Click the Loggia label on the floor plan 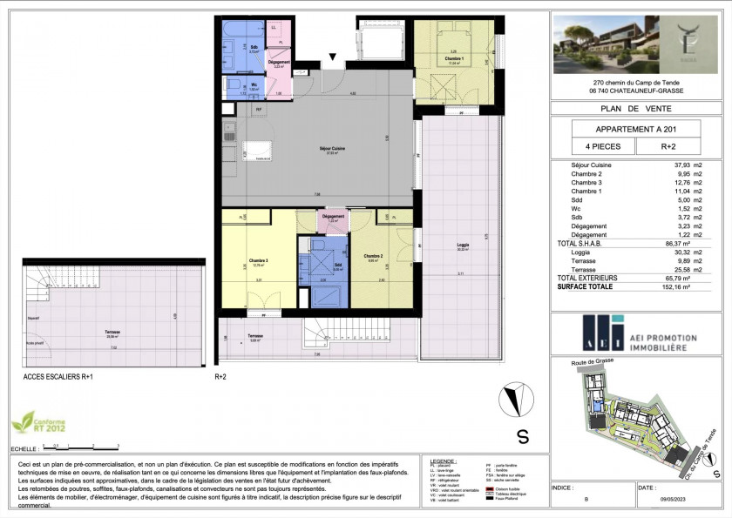(462, 246)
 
